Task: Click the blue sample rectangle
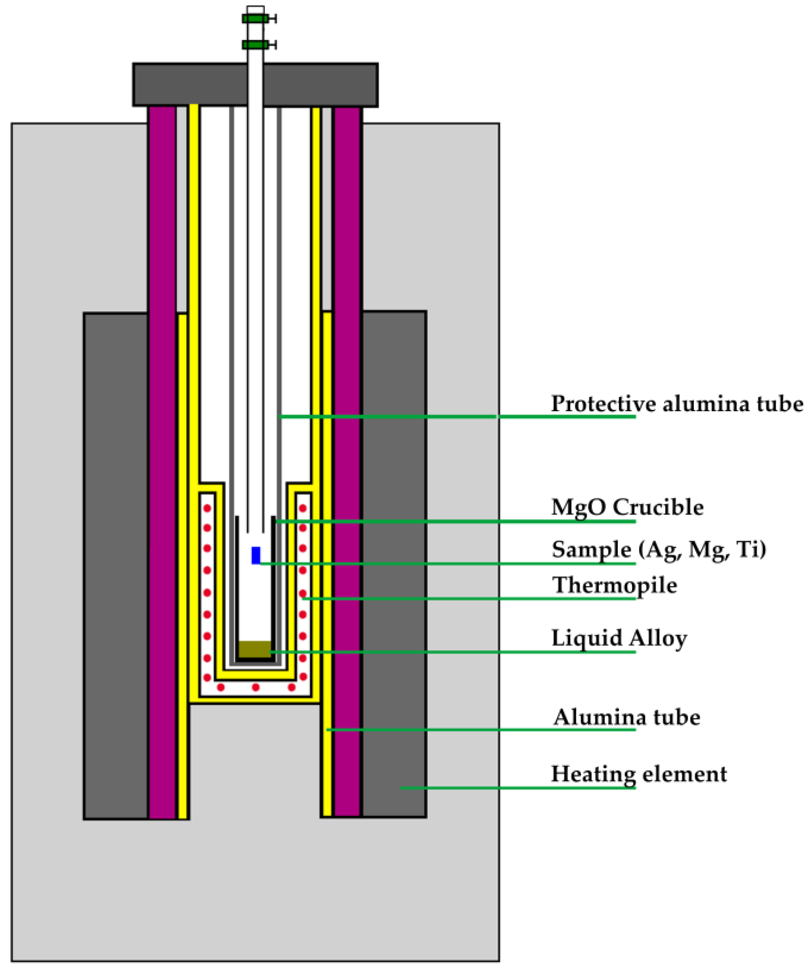click(255, 555)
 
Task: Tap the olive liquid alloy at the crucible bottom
click(255, 648)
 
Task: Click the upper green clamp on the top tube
click(255, 19)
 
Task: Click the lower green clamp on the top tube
click(255, 44)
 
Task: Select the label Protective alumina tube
click(677, 404)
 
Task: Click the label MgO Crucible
click(627, 507)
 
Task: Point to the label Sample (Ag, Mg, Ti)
click(659, 549)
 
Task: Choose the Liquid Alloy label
click(619, 638)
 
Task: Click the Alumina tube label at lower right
click(626, 717)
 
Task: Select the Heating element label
click(639, 774)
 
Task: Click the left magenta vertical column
click(162, 462)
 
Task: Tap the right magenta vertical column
click(347, 462)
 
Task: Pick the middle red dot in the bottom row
click(255, 687)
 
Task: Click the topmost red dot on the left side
click(207, 509)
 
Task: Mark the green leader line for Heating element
click(517, 788)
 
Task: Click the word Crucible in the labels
click(658, 507)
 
